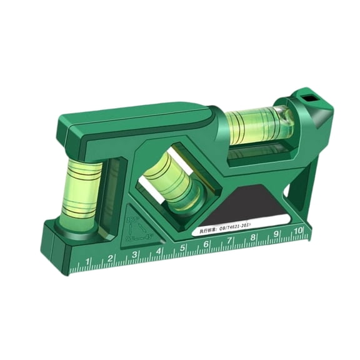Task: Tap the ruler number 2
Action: tap(110, 258)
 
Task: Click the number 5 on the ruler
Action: tap(182, 249)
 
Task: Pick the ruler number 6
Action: tap(206, 245)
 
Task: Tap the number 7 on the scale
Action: tap(229, 241)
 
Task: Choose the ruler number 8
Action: tap(252, 237)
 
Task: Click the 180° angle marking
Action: tap(132, 220)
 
